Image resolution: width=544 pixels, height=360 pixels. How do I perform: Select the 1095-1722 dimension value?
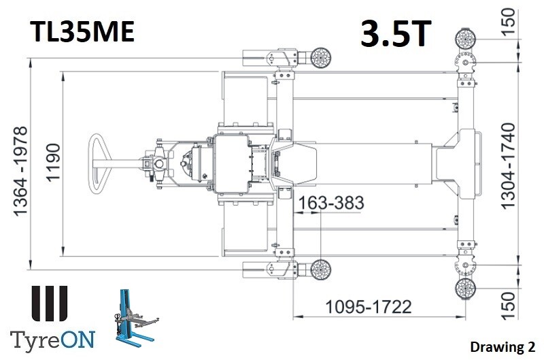click(x=368, y=306)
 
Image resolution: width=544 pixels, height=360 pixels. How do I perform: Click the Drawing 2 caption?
click(x=501, y=346)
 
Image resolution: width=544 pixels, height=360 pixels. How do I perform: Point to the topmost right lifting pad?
click(x=464, y=37)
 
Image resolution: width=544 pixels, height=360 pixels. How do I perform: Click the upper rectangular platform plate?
click(x=246, y=99)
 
